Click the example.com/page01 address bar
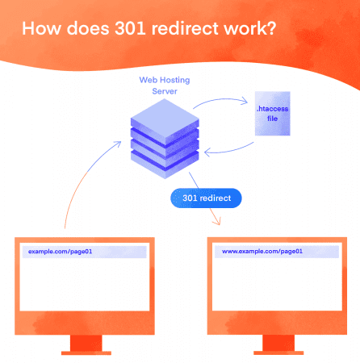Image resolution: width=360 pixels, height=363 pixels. pyautogui.click(x=84, y=252)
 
